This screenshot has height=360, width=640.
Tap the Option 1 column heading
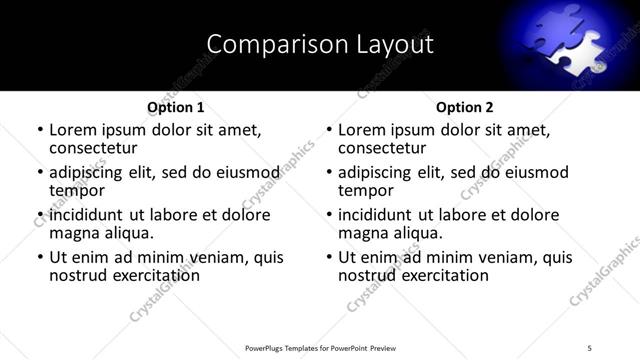[175, 107]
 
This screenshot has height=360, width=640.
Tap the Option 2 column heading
[464, 107]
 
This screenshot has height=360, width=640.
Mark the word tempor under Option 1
[77, 190]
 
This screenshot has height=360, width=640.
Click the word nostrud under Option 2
[366, 276]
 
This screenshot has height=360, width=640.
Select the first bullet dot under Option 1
[40, 130]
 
